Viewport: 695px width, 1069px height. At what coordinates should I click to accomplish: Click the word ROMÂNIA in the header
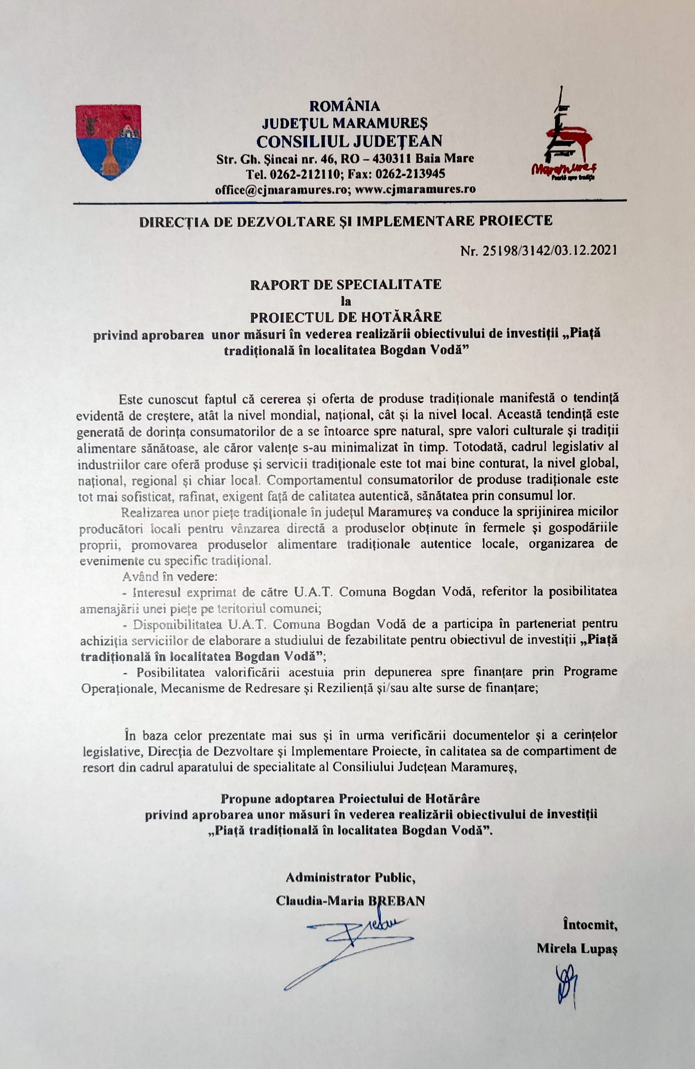(x=345, y=106)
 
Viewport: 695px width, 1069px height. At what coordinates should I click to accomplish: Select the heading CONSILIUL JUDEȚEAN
(x=349, y=141)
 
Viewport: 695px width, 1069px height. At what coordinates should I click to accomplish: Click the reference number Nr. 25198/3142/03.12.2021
(x=539, y=250)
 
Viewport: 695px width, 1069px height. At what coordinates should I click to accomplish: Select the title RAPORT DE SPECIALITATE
(x=345, y=284)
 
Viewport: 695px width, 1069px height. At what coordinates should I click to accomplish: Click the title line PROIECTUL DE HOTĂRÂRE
(x=345, y=317)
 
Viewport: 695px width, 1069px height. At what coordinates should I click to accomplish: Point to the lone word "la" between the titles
(x=345, y=301)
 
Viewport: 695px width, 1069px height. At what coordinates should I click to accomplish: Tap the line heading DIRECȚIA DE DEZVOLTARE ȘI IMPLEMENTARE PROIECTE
(x=345, y=221)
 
